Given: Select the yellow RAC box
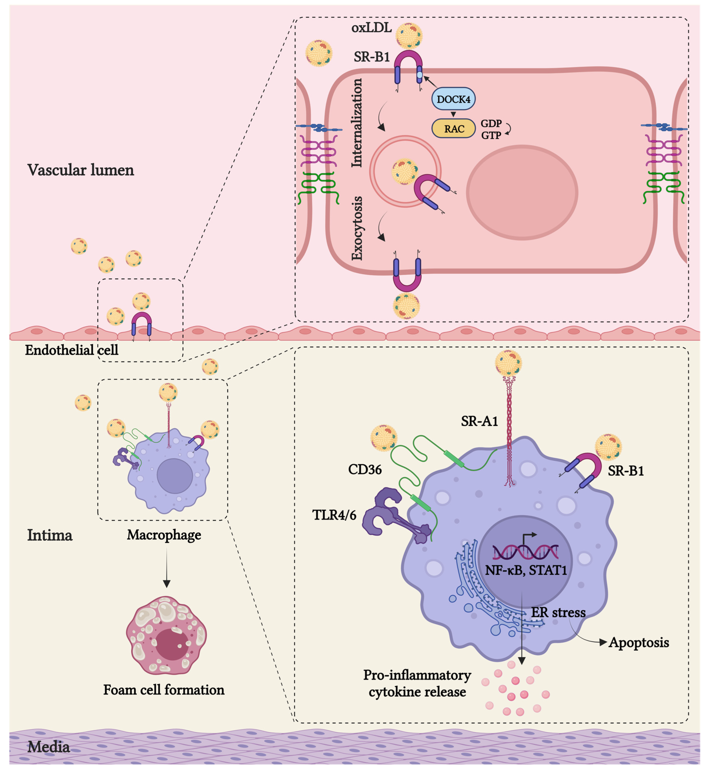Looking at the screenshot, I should pyautogui.click(x=453, y=129).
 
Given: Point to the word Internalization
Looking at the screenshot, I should pyautogui.click(x=357, y=122).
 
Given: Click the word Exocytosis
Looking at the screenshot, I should pyautogui.click(x=357, y=228).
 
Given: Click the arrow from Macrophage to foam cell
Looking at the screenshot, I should pyautogui.click(x=166, y=567).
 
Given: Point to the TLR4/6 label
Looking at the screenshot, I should pyautogui.click(x=334, y=515).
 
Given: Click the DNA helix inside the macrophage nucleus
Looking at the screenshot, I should pyautogui.click(x=525, y=552).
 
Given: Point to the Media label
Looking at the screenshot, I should pyautogui.click(x=49, y=747).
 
